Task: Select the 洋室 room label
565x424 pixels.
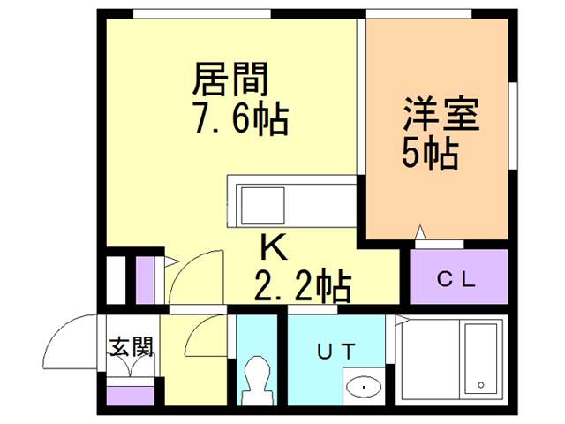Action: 441,116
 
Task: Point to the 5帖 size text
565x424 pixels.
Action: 429,155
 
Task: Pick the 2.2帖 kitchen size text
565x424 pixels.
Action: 302,285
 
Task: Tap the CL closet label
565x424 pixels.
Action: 458,281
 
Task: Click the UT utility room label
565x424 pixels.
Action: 336,351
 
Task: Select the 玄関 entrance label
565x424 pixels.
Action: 132,346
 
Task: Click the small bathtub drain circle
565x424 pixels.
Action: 480,385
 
